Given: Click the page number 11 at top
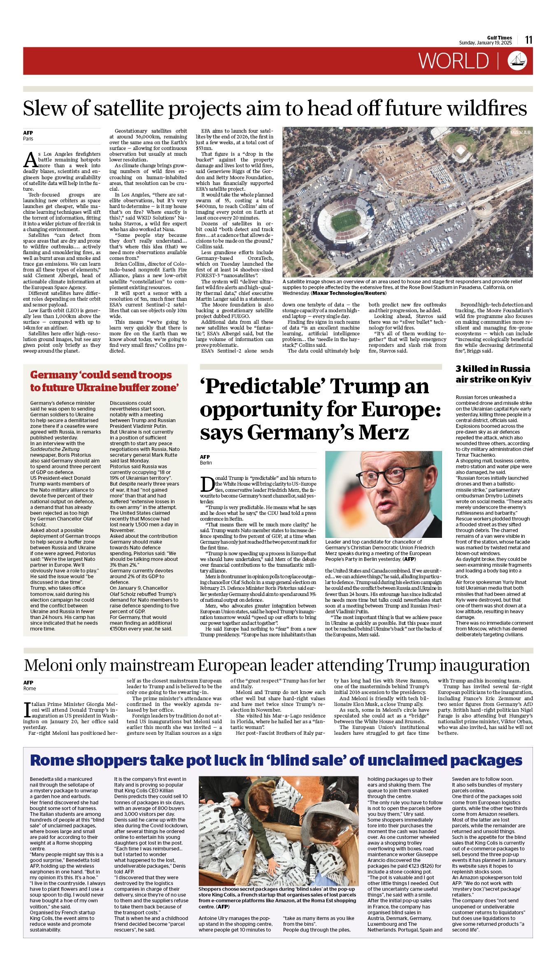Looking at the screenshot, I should [529, 40].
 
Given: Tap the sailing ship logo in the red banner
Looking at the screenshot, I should [517, 61].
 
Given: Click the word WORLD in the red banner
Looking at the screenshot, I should [454, 61].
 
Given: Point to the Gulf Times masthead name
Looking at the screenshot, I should [500, 38].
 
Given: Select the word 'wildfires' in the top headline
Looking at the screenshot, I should [487, 108].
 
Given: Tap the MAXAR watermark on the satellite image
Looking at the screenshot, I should [520, 133].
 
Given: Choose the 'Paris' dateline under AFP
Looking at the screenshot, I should [28, 139].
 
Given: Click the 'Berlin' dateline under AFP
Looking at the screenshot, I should [206, 462].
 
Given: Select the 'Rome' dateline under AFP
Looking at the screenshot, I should [29, 688].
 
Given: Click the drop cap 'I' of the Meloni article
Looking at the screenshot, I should [27, 710].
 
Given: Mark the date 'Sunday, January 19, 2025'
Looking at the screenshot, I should [485, 43].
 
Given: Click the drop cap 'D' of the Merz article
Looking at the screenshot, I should [207, 484].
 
